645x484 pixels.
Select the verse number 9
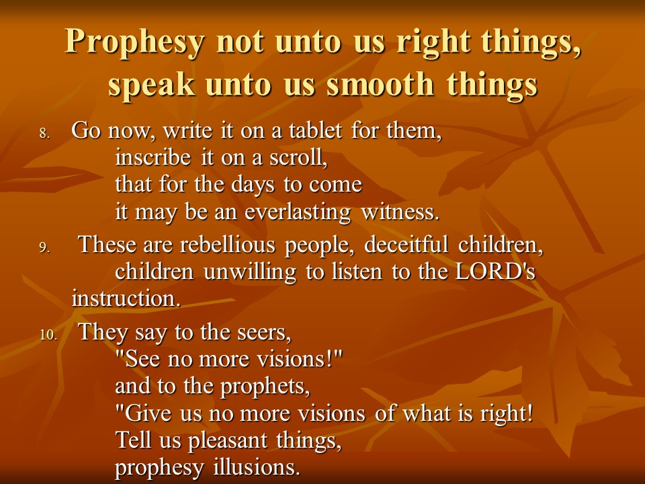tap(44, 247)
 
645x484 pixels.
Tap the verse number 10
tap(48, 335)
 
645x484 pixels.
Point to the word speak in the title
tap(151, 85)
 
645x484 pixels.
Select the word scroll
tap(298, 157)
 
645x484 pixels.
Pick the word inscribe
tap(153, 157)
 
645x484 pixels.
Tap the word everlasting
tap(298, 212)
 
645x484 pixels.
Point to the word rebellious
tap(228, 245)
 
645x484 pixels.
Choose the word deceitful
tap(406, 244)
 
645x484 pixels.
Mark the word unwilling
tap(250, 272)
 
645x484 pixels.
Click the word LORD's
tap(495, 272)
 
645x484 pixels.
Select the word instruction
tap(126, 298)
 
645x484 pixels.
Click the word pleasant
tap(228, 441)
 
